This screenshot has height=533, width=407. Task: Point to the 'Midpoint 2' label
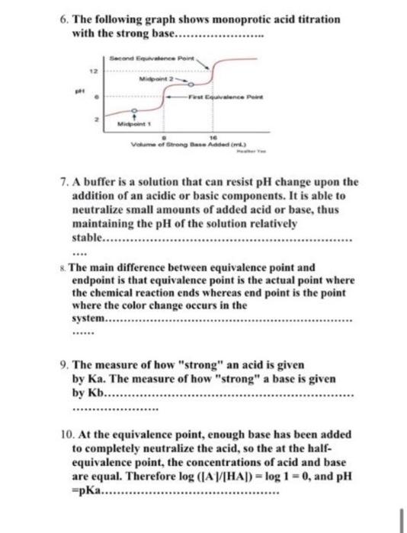(x=156, y=77)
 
